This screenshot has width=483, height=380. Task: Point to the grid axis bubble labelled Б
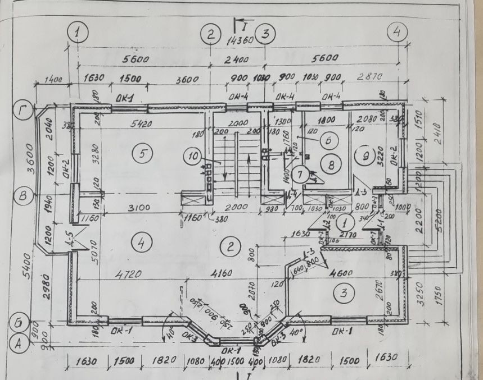point(19,323)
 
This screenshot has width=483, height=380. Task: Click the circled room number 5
point(143,152)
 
